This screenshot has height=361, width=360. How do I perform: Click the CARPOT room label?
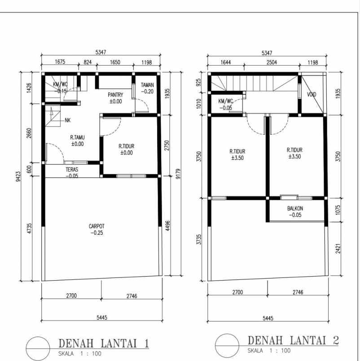pyautogui.click(x=96, y=226)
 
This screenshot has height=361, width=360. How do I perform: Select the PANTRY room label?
pyautogui.click(x=115, y=95)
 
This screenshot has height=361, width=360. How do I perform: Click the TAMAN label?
pyautogui.click(x=147, y=85)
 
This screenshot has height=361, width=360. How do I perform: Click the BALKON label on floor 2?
pyautogui.click(x=295, y=209)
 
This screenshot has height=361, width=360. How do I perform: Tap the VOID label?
pyautogui.click(x=311, y=95)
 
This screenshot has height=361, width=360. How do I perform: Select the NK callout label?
pyautogui.click(x=67, y=120)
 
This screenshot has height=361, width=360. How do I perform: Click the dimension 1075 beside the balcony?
pyautogui.click(x=338, y=210)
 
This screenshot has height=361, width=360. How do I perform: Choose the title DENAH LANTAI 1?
pyautogui.click(x=104, y=344)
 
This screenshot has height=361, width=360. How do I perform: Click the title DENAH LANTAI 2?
pyautogui.click(x=293, y=340)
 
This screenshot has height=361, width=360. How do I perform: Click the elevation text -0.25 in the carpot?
pyautogui.click(x=96, y=233)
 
